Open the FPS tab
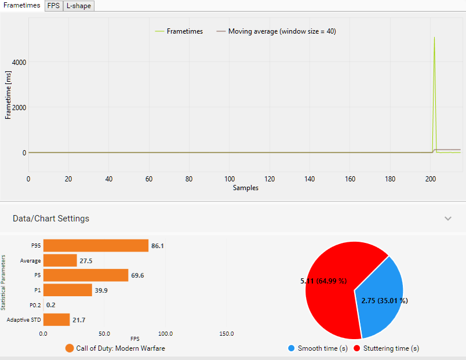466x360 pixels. [x=53, y=6]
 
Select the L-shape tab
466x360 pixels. [x=78, y=6]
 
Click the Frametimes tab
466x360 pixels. [x=21, y=5]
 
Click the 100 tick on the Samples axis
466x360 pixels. [x=230, y=179]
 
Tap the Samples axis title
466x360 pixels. [x=246, y=188]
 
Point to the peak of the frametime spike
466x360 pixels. [x=434, y=38]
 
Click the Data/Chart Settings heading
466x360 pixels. [x=51, y=219]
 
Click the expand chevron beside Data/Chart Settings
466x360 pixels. [x=447, y=219]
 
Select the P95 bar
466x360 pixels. [x=96, y=246]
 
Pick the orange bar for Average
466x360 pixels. [x=60, y=261]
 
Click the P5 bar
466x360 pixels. [x=85, y=275]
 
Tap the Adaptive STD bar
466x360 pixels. [x=56, y=319]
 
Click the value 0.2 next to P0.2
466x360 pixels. [x=51, y=305]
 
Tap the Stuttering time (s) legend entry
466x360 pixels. [x=387, y=348]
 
